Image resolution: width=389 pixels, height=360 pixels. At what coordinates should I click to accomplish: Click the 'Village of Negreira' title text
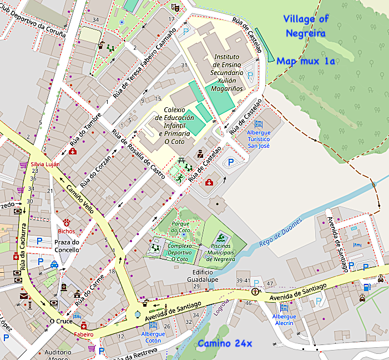[306, 26]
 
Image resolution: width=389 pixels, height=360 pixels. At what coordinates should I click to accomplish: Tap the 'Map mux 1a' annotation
[306, 61]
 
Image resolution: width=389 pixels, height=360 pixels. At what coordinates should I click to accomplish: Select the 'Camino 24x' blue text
[225, 343]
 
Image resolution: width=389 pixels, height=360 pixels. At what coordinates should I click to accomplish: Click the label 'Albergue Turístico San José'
[259, 139]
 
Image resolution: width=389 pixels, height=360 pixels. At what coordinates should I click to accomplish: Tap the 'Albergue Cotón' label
[153, 337]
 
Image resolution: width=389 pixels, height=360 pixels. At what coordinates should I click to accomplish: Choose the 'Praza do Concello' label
[67, 246]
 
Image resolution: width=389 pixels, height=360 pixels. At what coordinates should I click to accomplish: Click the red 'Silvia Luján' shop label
[45, 164]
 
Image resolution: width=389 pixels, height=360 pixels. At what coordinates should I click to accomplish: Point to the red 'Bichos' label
[66, 231]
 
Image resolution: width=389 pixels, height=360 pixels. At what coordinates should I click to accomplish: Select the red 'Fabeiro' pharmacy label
[84, 334]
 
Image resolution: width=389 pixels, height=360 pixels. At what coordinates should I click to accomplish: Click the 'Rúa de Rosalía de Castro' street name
[138, 154]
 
